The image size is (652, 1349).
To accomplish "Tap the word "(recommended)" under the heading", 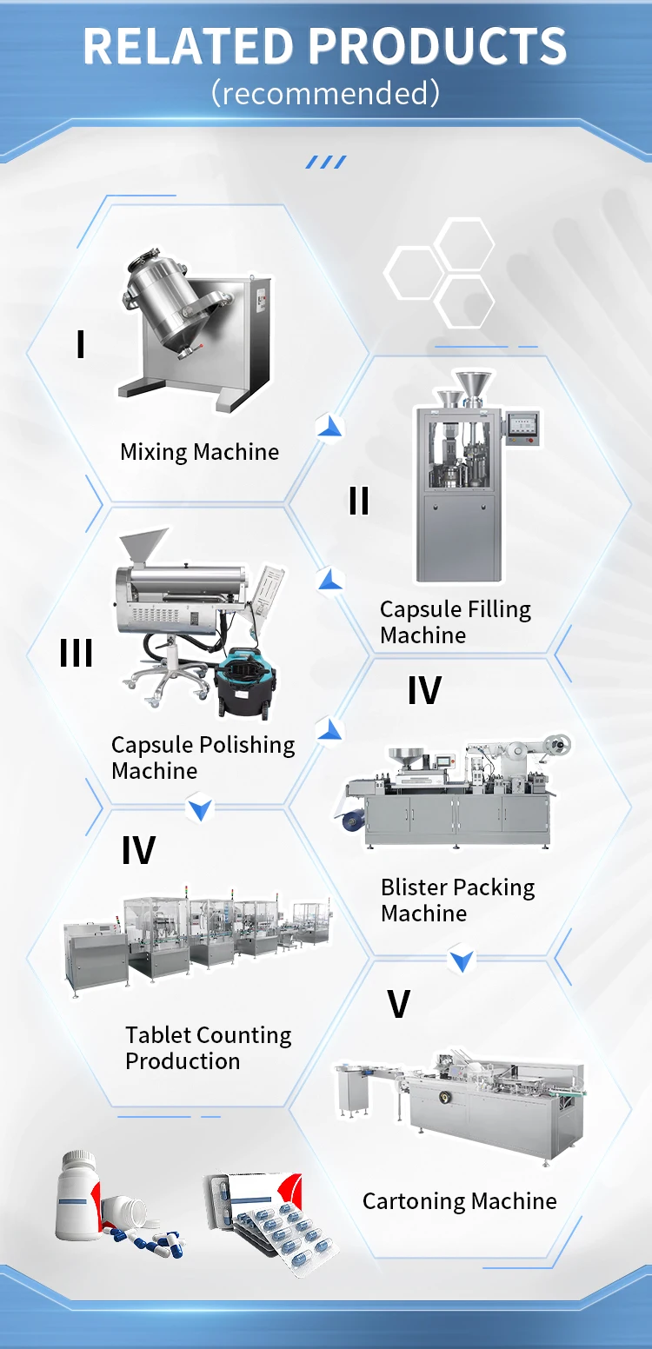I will point(325,92).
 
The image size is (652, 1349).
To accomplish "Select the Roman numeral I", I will point(80,344).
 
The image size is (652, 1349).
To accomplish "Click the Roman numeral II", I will point(358,501).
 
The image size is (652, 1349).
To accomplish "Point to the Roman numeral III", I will point(77,653).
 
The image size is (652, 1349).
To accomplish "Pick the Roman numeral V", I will point(398,1004).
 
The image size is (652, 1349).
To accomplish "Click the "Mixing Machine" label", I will point(199,452).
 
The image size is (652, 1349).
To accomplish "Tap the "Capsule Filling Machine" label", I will point(455,622).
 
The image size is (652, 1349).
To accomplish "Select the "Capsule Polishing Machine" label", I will point(203,758).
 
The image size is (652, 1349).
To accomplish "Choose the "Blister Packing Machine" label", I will point(457,900).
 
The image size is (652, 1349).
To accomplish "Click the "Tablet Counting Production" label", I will point(208,1048).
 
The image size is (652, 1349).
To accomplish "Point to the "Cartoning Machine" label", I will point(459,1201).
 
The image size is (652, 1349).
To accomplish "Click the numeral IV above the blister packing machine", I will point(424,690).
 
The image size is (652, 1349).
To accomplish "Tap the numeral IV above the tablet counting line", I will point(138,850).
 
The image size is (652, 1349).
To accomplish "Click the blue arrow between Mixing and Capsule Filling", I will point(329,427).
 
